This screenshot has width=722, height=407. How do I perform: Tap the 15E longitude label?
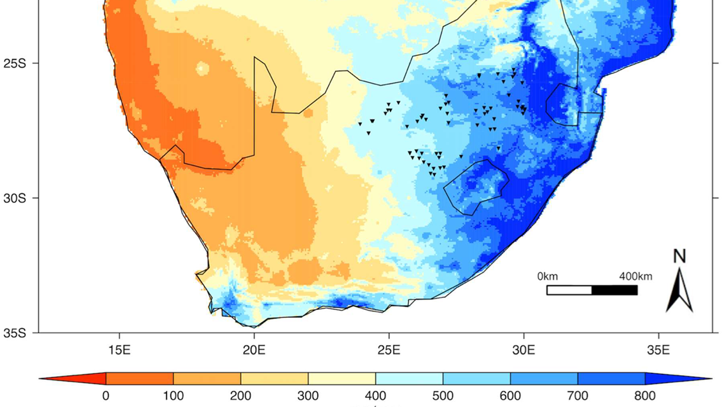[119, 349]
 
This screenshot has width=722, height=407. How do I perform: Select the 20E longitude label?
[254, 349]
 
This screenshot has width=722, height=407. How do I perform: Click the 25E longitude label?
[389, 349]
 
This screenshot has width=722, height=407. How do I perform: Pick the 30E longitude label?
[523, 349]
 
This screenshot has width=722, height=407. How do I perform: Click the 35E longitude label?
[658, 349]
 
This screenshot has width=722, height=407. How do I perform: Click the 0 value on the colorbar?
[106, 396]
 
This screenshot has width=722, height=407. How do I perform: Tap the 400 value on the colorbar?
[375, 396]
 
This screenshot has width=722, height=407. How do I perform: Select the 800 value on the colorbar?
[644, 396]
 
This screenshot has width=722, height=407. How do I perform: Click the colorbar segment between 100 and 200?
[207, 379]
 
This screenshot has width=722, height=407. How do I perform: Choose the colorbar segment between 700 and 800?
[611, 379]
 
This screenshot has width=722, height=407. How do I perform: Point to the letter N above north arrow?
[679, 256]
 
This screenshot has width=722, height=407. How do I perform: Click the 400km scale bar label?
[636, 277]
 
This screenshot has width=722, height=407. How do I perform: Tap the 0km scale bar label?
[548, 277]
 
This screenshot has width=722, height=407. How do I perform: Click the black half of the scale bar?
[614, 290]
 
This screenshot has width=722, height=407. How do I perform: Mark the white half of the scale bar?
[569, 290]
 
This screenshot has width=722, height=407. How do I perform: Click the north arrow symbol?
[679, 291]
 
